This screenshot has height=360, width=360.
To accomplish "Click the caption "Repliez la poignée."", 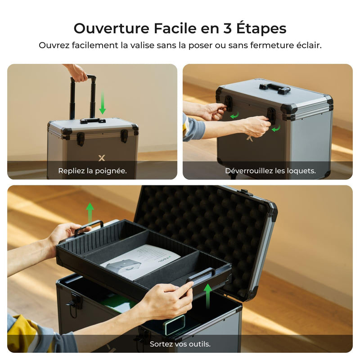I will (92, 171).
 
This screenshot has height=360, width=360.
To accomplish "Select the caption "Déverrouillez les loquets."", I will (270, 171).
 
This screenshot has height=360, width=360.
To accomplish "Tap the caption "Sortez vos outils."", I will (180, 344).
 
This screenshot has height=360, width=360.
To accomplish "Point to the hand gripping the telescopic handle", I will (77, 72).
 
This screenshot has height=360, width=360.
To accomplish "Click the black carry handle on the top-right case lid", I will (274, 88).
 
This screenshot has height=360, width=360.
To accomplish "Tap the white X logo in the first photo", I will (101, 158).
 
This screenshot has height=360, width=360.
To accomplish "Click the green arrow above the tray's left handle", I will (90, 211).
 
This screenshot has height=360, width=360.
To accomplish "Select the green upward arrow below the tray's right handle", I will (208, 296).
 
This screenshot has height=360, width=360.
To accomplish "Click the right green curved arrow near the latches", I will (276, 129).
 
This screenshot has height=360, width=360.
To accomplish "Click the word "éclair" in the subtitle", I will (308, 46).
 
